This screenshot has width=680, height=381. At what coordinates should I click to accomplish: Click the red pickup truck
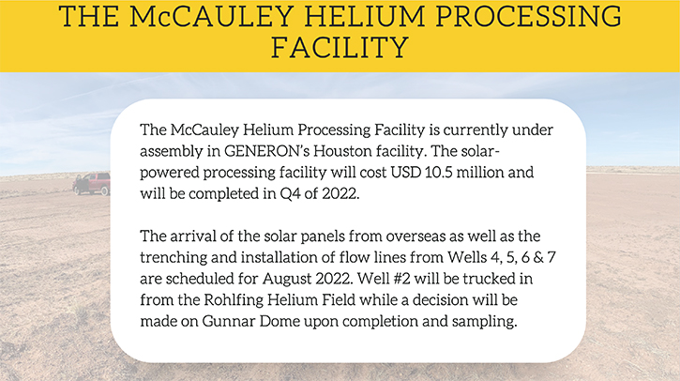(x=92, y=184)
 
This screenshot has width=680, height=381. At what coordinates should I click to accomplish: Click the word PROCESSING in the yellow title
(x=528, y=16)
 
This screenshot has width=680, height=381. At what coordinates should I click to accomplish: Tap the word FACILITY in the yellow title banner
(x=340, y=47)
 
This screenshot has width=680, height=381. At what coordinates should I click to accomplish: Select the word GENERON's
(x=266, y=151)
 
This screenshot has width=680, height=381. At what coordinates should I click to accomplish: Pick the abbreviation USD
(x=405, y=173)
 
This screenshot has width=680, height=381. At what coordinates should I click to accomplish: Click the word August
(x=287, y=279)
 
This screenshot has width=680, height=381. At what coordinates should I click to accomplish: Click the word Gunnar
(x=229, y=321)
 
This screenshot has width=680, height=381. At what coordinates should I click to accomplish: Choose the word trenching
(x=174, y=258)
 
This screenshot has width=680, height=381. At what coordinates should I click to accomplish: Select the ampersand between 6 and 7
(x=538, y=257)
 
